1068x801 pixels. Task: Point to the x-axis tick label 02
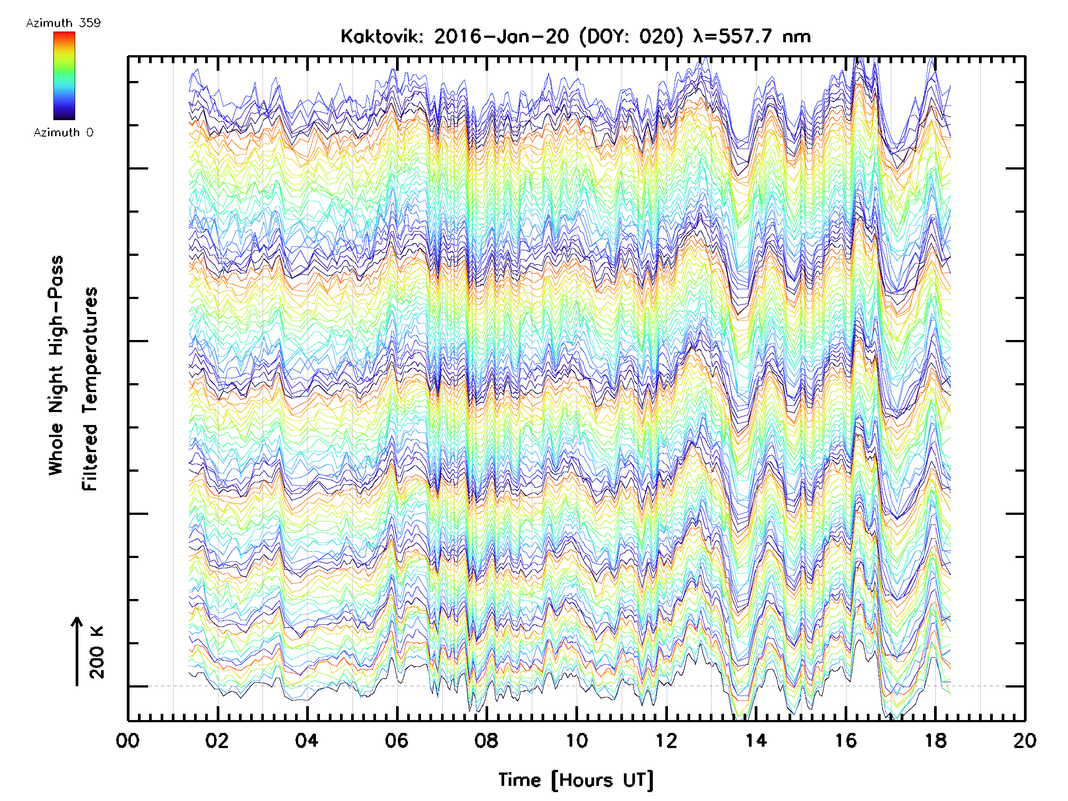point(217,740)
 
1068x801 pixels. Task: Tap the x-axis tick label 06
point(396,740)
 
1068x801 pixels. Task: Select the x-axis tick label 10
point(576,740)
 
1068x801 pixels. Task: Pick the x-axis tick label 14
point(756,740)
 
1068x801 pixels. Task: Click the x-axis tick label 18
point(935,740)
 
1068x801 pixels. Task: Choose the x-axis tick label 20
point(1024,740)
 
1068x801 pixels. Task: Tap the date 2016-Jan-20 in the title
point(502,36)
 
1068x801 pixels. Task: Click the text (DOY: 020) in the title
point(631,36)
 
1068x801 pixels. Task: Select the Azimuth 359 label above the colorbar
point(63,23)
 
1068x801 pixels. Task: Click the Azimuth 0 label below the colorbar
point(63,132)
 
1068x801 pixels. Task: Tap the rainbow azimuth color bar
point(64,75)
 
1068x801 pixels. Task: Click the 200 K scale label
point(97,652)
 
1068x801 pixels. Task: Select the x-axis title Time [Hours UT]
point(576,780)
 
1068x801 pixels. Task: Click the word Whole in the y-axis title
point(56,449)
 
